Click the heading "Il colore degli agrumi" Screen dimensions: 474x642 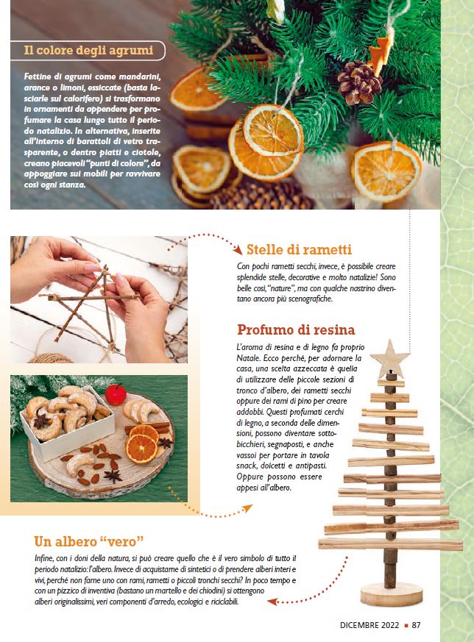(88, 50)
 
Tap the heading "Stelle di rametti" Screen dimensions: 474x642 (299, 249)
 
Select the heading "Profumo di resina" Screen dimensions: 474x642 (296, 329)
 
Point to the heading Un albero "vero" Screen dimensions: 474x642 (89, 541)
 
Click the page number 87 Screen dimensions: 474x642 (417, 625)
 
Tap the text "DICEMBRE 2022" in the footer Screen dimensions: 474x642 (369, 625)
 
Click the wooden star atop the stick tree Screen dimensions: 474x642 (389, 358)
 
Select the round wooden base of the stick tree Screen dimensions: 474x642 (392, 595)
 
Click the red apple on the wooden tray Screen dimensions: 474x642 (116, 394)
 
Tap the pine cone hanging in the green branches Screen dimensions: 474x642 (359, 82)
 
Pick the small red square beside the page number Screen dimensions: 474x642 (406, 626)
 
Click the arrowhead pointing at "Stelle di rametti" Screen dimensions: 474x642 (238, 249)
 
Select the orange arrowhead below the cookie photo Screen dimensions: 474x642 (247, 508)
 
